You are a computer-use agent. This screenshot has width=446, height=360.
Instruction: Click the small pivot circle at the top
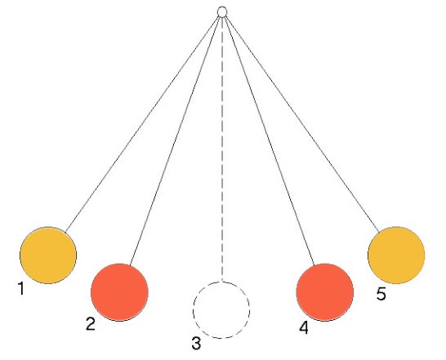pyautogui.click(x=222, y=12)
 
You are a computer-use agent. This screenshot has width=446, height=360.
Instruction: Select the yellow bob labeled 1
pyautogui.click(x=48, y=255)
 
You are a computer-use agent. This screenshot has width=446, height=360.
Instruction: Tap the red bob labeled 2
pyautogui.click(x=119, y=292)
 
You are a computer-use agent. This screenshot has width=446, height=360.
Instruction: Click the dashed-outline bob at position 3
pyautogui.click(x=221, y=310)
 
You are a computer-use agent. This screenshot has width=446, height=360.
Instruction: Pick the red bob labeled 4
pyautogui.click(x=325, y=292)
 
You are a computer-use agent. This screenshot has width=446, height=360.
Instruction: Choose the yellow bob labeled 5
pyautogui.click(x=396, y=255)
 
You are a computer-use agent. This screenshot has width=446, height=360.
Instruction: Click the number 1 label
pyautogui.click(x=20, y=288)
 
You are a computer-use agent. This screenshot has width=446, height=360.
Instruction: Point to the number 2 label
pyautogui.click(x=91, y=323)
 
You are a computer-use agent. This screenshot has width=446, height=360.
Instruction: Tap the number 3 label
pyautogui.click(x=196, y=343)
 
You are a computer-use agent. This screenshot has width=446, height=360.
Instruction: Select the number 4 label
pyautogui.click(x=304, y=327)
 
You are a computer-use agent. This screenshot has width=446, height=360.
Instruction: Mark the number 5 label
pyautogui.click(x=381, y=293)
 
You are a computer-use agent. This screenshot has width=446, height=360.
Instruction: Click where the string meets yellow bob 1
pyautogui.click(x=65, y=233)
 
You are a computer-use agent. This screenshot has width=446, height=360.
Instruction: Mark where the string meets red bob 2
pyautogui.click(x=129, y=265)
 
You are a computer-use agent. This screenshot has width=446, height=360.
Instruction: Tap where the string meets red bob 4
pyautogui.click(x=314, y=265)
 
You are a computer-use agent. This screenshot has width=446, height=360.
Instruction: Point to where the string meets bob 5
pyautogui.click(x=379, y=233)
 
